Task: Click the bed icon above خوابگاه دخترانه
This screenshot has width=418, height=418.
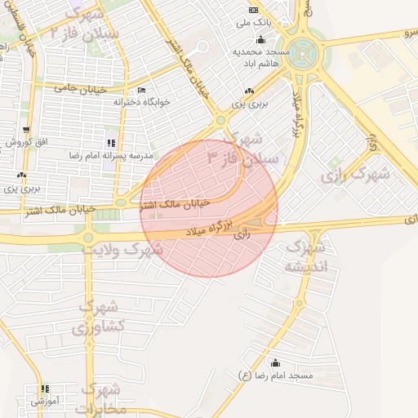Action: [x=141, y=90]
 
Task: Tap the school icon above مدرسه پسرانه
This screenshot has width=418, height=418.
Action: [x=111, y=143]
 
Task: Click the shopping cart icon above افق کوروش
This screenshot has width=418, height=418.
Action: [x=27, y=130]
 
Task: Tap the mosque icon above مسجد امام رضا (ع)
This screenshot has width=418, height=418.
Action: [x=275, y=363]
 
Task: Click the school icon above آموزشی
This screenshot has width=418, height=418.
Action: [x=45, y=389]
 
